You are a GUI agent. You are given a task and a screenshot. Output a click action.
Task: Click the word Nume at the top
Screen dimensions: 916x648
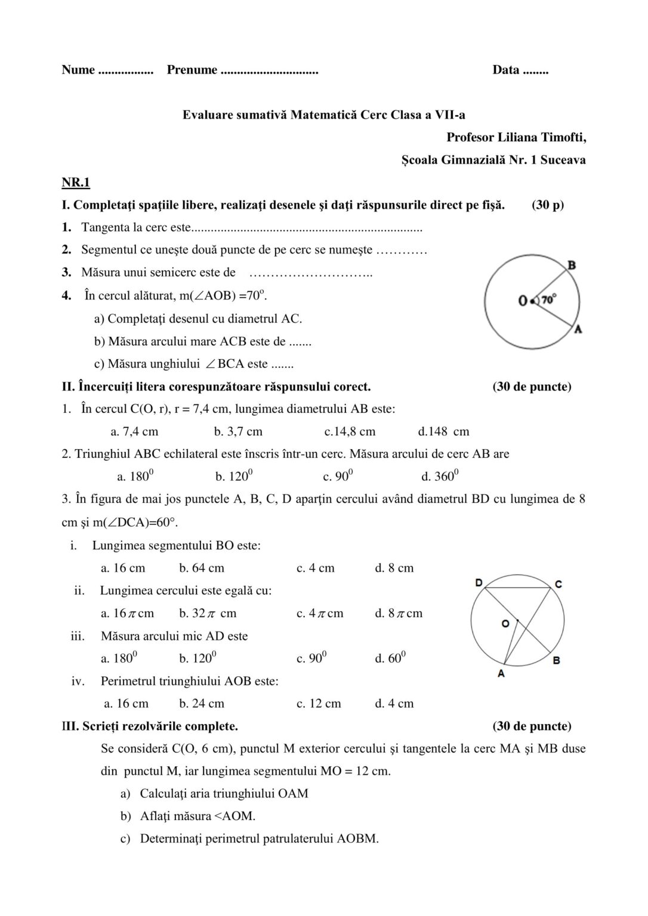(78, 70)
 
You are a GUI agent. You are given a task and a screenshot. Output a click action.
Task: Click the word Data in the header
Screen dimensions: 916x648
(505, 70)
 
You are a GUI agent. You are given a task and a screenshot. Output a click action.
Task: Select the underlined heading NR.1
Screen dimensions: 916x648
(76, 182)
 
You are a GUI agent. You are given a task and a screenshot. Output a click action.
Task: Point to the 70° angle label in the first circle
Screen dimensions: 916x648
(549, 299)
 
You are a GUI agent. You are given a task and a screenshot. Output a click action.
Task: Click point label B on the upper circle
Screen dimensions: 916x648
(571, 265)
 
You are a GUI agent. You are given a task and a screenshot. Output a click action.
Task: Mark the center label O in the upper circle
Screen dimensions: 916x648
(523, 301)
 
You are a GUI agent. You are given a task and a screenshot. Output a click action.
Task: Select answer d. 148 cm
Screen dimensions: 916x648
(444, 431)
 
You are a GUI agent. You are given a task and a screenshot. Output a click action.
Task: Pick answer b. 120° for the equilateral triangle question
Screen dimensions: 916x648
(234, 476)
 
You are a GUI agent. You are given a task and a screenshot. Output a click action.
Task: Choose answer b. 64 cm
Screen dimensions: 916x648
(202, 568)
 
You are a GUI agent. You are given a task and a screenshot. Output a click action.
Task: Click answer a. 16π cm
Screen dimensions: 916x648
(127, 613)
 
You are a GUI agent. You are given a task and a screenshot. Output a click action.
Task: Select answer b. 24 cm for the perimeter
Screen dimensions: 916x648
(202, 704)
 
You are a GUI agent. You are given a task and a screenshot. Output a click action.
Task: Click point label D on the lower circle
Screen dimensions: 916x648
(479, 582)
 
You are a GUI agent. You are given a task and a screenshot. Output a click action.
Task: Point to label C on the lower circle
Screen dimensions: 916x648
(558, 584)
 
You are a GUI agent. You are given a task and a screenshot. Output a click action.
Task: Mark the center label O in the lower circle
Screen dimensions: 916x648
(505, 623)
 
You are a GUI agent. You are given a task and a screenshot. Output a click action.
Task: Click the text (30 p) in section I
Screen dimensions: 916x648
(547, 205)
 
